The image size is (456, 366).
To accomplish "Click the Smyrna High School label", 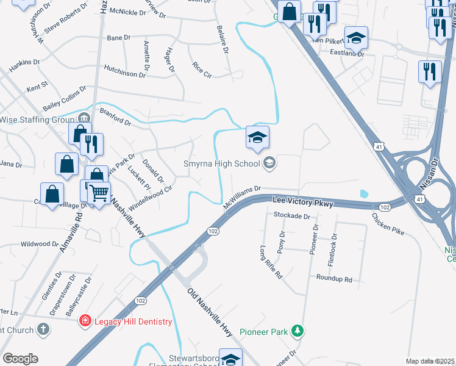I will (x=222, y=163).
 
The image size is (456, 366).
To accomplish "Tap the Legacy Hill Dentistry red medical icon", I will (x=86, y=321).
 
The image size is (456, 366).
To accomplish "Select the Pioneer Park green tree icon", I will (x=297, y=331).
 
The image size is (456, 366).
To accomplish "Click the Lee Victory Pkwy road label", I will (x=302, y=201).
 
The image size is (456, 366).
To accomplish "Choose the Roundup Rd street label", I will (x=334, y=279).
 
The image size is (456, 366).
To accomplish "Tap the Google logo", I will (x=20, y=359).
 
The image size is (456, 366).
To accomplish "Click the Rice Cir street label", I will (x=201, y=70).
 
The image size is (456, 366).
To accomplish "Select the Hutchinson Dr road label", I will (x=125, y=71).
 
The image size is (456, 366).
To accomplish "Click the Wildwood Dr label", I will (x=39, y=244).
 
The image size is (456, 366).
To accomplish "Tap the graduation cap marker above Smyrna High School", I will (x=257, y=137).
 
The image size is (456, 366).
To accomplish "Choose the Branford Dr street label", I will (x=115, y=118).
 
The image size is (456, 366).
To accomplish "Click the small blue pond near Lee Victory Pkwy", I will (x=364, y=194).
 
